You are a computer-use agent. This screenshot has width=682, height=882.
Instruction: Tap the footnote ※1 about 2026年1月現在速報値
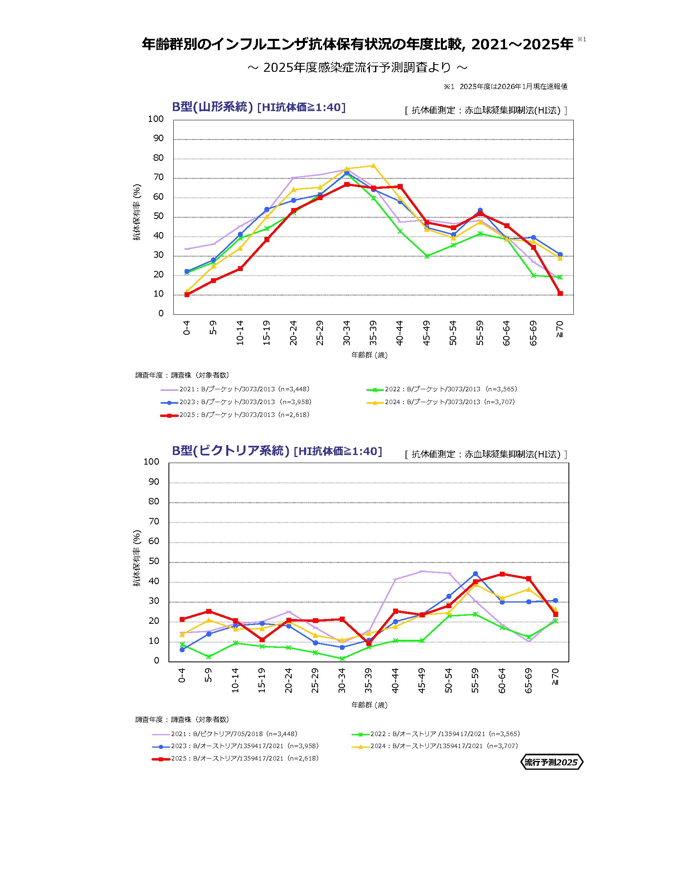(x=505, y=87)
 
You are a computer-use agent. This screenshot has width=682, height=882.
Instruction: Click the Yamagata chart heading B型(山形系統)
(x=212, y=107)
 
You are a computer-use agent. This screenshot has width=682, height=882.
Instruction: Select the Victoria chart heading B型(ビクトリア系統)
(x=230, y=451)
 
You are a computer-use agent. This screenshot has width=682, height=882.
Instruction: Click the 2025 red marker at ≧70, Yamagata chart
(x=560, y=293)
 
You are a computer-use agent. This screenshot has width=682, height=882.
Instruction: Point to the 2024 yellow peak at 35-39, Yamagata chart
(x=373, y=166)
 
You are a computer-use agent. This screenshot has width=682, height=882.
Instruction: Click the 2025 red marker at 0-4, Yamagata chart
(x=187, y=294)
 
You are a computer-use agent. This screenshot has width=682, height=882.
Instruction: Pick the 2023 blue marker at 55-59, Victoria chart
(x=475, y=574)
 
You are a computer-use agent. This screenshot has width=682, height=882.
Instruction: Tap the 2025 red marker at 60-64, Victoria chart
(x=502, y=574)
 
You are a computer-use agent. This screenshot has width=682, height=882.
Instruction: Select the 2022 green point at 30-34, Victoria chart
(x=342, y=659)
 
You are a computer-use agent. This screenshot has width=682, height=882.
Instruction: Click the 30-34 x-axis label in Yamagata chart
(x=347, y=333)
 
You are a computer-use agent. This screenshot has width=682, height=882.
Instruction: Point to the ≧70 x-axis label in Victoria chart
(x=555, y=676)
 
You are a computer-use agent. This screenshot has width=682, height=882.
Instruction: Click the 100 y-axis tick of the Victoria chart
(x=152, y=461)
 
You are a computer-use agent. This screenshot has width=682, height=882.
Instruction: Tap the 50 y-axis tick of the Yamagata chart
(x=158, y=216)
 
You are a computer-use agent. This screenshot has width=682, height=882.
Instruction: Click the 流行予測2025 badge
(x=551, y=762)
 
